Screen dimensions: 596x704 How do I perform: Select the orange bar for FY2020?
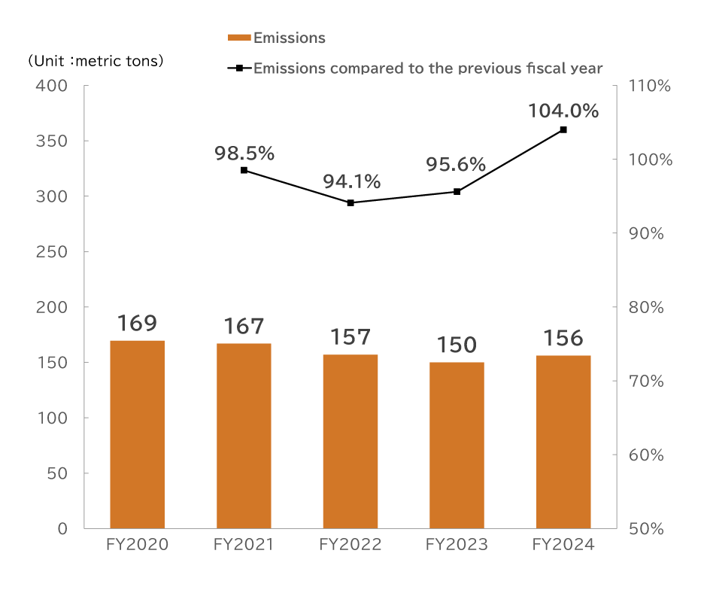coord(137,433)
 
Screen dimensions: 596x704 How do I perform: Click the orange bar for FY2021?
coord(244,435)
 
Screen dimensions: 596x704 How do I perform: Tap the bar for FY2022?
coord(350,441)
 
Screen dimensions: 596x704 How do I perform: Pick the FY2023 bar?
coord(457,445)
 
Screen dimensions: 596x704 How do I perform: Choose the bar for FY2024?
coord(563,441)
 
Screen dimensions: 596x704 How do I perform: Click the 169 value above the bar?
coord(137,324)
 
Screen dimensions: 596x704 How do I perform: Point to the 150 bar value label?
coord(457,345)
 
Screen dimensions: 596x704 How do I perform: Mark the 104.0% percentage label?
coord(563,111)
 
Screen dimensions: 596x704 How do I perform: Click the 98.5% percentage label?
coord(244,154)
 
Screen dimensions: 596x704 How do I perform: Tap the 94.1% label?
coord(351,181)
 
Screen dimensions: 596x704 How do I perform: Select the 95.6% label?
coord(456,165)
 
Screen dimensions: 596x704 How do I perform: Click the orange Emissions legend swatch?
coord(239,38)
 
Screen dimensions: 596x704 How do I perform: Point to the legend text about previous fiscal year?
coord(428,68)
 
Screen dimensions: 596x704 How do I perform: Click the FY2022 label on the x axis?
coord(350,545)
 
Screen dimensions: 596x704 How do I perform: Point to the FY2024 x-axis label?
coord(563,545)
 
